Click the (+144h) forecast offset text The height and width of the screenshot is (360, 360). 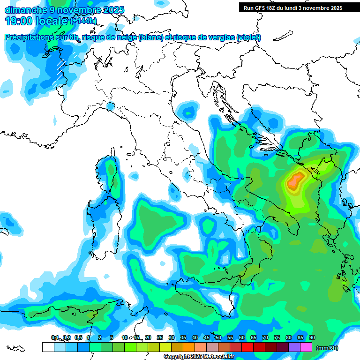[83, 21]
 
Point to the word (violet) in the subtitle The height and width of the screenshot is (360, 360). [248, 37]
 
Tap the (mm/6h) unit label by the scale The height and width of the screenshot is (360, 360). [327, 348]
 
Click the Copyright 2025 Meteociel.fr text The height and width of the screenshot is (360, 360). [199, 357]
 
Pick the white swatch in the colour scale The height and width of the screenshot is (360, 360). [48, 347]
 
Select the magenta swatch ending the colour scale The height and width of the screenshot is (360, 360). [307, 347]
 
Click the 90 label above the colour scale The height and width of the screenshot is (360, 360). [312, 338]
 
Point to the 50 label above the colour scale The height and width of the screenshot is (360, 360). [218, 338]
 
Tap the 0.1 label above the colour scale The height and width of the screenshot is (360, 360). [55, 338]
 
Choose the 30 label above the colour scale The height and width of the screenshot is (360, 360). [172, 338]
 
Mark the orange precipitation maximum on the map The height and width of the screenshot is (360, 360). [295, 180]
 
